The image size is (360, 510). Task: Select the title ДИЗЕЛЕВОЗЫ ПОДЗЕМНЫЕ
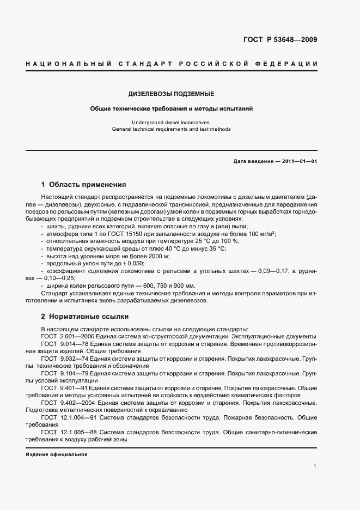(171, 94)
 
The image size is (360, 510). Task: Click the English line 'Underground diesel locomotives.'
(171, 123)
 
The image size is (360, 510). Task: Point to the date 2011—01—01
(298, 161)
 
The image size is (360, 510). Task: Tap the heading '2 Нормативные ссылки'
(83, 316)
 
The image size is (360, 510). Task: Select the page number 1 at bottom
(315, 466)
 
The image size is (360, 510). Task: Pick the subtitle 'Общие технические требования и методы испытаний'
(171, 108)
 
